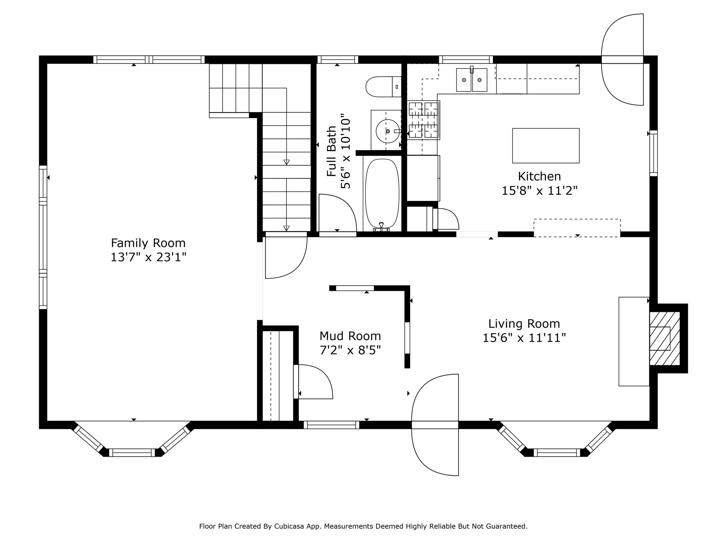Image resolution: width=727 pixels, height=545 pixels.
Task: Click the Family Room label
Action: (148, 243)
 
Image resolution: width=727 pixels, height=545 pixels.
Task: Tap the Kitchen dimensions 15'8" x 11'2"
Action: (540, 191)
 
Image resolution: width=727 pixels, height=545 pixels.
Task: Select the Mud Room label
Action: (350, 336)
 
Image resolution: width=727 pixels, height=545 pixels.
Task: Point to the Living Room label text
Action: (524, 324)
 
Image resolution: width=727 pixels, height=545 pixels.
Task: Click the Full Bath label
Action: (332, 151)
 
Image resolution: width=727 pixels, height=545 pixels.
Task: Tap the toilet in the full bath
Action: (384, 87)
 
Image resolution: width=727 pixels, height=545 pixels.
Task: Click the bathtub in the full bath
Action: (382, 194)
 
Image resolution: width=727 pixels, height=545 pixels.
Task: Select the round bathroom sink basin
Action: (388, 131)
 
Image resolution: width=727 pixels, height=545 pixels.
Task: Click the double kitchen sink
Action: (471, 79)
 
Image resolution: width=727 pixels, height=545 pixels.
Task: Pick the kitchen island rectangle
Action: (546, 145)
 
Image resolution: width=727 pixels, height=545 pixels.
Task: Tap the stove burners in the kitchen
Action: (424, 120)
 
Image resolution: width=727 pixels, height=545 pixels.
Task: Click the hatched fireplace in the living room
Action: (665, 338)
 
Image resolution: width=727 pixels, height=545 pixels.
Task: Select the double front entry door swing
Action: (435, 425)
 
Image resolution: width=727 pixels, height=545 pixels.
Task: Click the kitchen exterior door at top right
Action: (622, 60)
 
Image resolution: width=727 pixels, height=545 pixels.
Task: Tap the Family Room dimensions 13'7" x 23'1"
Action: (148, 257)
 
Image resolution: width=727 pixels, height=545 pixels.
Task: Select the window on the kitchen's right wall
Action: (654, 153)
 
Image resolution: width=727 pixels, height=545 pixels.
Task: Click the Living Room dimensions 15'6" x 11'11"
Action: (524, 338)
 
